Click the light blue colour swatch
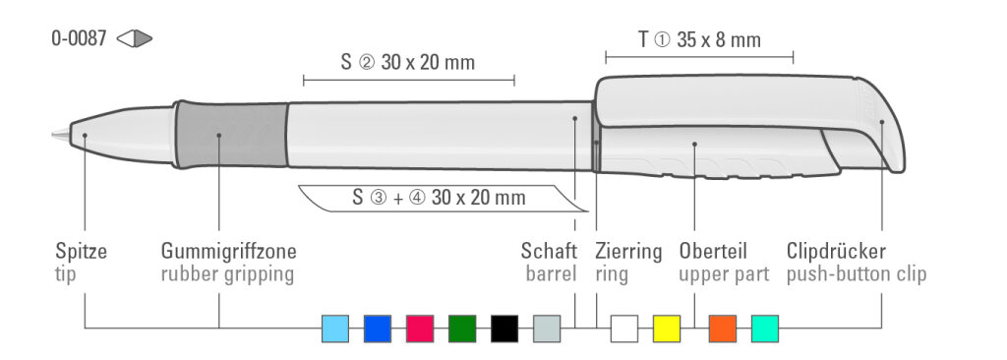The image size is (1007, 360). coord(335,329)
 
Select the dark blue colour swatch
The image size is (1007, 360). coord(378,329)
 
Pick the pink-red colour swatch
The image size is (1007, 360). coord(420,329)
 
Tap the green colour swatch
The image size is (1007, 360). coord(462,329)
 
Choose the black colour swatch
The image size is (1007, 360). coord(504,329)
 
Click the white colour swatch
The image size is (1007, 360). coord(624,329)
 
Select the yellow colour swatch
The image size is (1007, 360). coord(667,329)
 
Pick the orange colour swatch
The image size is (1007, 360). coord(723,329)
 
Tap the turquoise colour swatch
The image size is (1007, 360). coord(765,329)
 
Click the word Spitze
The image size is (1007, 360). coord(81,252)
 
